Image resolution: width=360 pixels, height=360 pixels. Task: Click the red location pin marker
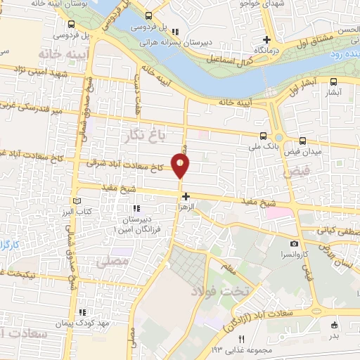181,165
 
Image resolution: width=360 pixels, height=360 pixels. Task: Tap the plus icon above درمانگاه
266,39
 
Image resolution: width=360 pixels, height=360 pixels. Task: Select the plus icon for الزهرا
185,197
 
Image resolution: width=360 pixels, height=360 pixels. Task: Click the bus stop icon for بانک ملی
263,136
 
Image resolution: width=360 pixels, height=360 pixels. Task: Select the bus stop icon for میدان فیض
303,141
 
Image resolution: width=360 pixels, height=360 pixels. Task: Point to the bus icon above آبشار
335,82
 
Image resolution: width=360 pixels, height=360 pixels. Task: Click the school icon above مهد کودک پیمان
83,311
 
